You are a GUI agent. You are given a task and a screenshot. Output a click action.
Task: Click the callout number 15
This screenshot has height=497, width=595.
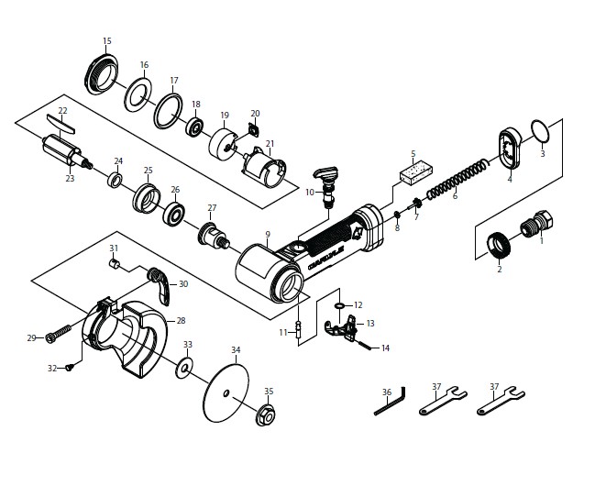point(107,41)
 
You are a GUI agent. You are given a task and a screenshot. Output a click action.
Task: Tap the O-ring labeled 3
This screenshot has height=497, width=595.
point(541,132)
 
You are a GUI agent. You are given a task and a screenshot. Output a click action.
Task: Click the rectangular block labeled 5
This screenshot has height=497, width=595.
point(415,171)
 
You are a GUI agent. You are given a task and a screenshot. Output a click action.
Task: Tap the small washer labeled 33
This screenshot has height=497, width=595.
point(186,368)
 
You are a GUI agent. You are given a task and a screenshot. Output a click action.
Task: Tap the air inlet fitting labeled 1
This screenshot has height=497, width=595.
point(534,226)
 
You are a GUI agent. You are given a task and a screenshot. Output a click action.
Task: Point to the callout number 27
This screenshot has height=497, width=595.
point(212,207)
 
